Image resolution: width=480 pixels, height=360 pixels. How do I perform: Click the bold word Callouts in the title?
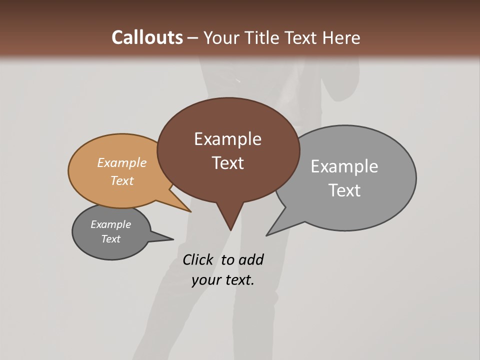[147, 37]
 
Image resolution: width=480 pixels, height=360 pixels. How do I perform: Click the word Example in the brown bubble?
[227, 139]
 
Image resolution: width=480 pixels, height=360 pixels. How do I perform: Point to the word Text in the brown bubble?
[227, 163]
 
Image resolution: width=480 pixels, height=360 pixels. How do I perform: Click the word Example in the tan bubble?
[122, 163]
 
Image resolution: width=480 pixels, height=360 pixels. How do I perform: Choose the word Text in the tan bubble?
[122, 180]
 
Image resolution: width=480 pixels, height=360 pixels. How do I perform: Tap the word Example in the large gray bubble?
[344, 166]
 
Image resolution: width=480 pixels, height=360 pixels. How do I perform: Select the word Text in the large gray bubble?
[344, 190]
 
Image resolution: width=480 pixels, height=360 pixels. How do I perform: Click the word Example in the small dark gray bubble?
[110, 224]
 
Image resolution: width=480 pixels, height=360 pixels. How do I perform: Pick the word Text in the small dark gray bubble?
[110, 239]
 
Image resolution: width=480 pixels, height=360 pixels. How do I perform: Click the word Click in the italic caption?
[197, 260]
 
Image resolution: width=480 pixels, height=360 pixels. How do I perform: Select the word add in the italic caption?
[250, 260]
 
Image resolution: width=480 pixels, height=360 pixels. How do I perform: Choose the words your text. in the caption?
[223, 280]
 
